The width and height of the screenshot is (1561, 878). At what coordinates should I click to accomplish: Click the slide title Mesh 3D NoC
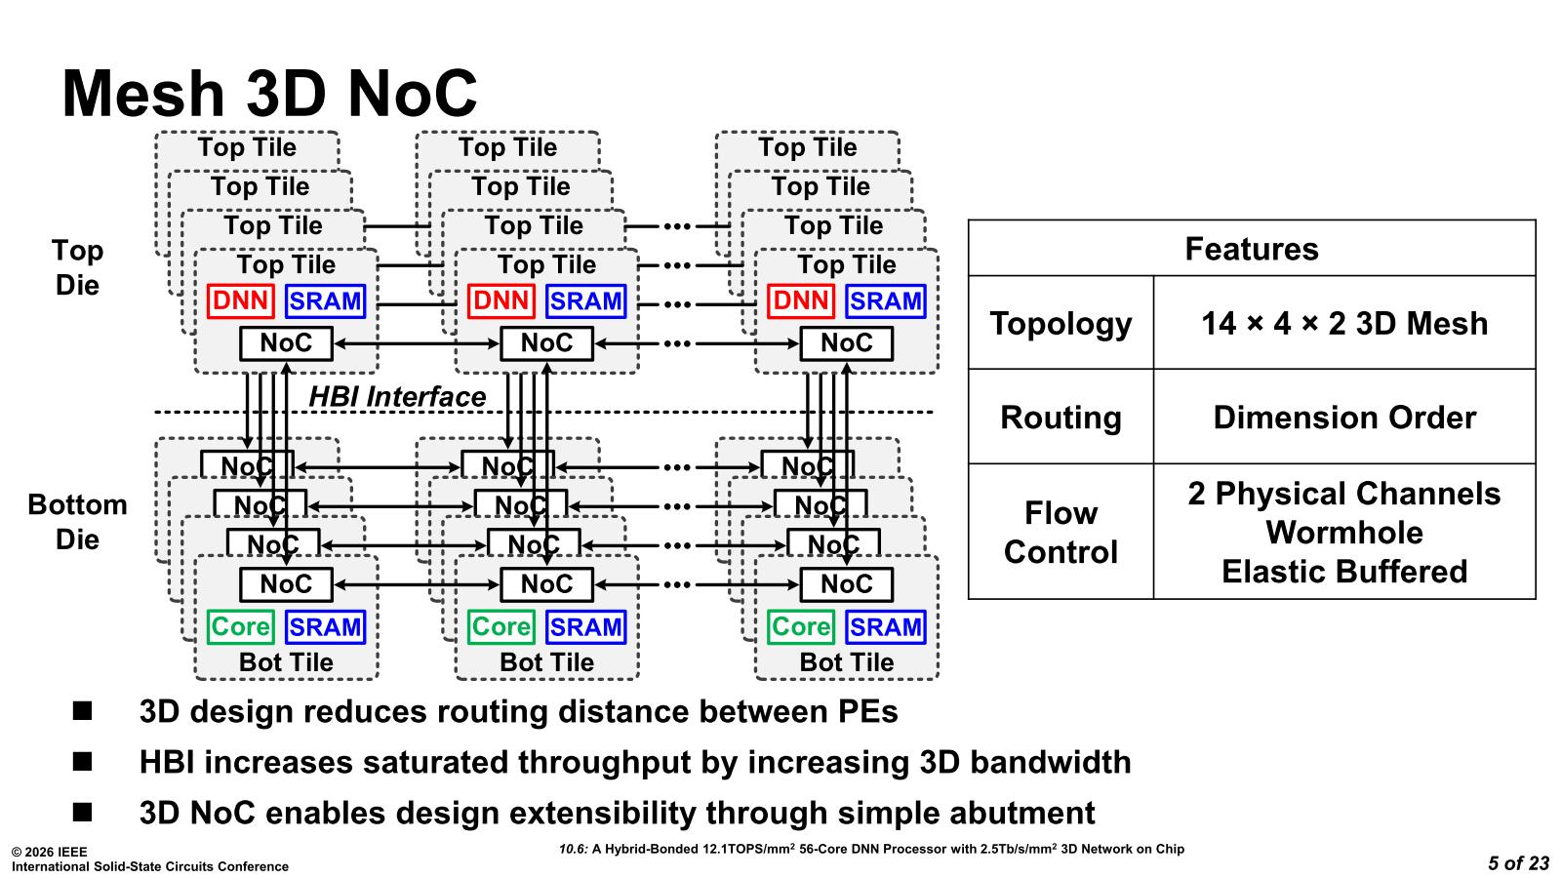(x=269, y=94)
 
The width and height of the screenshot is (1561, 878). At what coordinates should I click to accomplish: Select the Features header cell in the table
(x=1251, y=250)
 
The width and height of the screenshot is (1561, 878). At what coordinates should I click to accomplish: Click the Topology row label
(x=1061, y=324)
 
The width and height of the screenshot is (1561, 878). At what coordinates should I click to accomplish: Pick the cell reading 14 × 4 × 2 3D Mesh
(x=1343, y=324)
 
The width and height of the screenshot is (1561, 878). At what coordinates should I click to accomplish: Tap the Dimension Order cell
(x=1343, y=418)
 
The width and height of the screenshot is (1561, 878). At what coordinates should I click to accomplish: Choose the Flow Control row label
(x=1061, y=533)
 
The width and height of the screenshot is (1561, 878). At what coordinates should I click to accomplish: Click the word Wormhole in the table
(x=1343, y=533)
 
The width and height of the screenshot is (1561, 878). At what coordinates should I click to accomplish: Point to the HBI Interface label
(x=397, y=397)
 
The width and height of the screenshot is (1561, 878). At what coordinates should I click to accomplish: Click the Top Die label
(x=77, y=267)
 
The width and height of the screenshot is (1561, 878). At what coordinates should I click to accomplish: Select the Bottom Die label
(x=77, y=522)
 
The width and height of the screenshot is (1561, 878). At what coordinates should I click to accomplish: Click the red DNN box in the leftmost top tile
(x=240, y=301)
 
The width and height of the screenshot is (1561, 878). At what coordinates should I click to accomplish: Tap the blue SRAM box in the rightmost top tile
(x=885, y=301)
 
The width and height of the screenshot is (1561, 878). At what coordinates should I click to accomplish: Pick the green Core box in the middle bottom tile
(x=500, y=626)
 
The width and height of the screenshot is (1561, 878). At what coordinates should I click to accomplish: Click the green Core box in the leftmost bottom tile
(x=240, y=626)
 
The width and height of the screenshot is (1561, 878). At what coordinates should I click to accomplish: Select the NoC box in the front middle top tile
(x=546, y=343)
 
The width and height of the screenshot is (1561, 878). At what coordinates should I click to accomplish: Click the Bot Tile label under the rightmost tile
(x=846, y=662)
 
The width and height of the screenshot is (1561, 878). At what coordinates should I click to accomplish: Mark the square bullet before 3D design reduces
(x=82, y=711)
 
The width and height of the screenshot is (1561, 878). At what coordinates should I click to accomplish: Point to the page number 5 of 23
(x=1518, y=863)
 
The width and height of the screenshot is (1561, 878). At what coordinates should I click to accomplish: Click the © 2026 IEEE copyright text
(x=49, y=852)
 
